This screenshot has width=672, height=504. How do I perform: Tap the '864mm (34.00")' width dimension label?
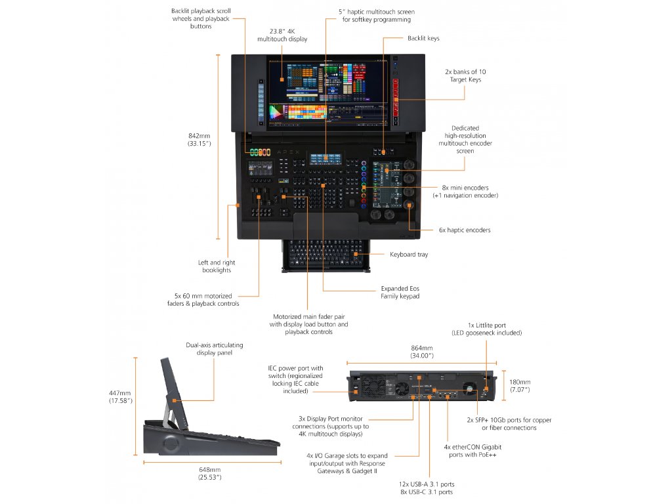[x=422, y=351]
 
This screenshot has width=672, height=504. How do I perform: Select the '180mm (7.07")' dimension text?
[x=520, y=386]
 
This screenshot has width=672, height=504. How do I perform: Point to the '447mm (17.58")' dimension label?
[x=121, y=396]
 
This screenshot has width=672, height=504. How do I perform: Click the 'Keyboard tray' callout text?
[x=408, y=254]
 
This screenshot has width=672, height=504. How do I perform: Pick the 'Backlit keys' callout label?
[x=423, y=38]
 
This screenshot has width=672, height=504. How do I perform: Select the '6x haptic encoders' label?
[x=465, y=230]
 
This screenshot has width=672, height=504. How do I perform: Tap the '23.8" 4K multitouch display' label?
[x=282, y=35]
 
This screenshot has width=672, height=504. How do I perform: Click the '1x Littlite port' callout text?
[x=487, y=325]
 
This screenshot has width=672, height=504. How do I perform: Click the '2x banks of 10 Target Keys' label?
[x=465, y=75]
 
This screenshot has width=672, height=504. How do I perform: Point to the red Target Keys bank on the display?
[x=396, y=91]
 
